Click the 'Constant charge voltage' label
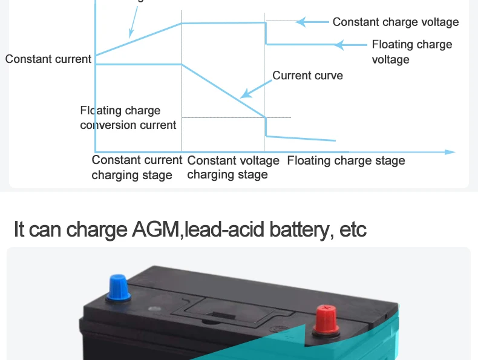point(396,22)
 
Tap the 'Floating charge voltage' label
point(411,52)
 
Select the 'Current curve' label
point(307,76)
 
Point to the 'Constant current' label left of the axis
point(48,59)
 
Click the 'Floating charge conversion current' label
point(128,118)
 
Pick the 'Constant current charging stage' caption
point(136,168)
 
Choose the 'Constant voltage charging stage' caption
point(233,168)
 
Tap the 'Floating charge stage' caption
point(345,161)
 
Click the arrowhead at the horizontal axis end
point(450,152)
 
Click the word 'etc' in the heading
point(353,230)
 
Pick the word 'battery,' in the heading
point(302,230)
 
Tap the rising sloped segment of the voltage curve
point(139,39)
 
